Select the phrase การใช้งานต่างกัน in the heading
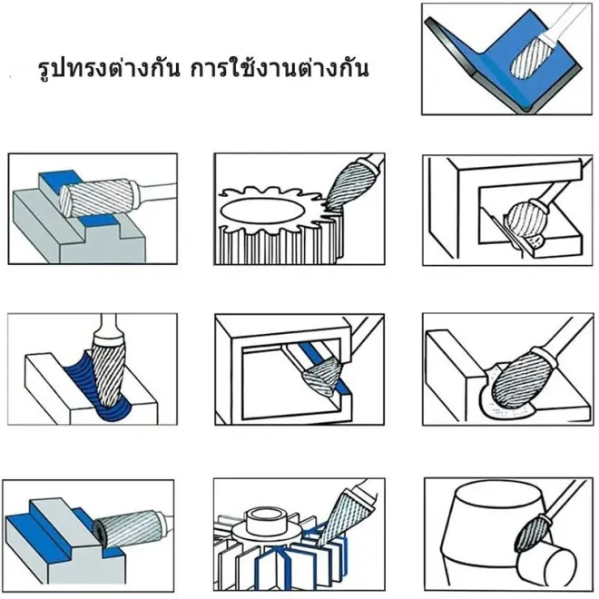pos(280,70)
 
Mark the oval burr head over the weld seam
pos(517,372)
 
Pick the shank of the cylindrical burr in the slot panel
pos(160,189)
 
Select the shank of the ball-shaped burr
pos(555,191)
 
